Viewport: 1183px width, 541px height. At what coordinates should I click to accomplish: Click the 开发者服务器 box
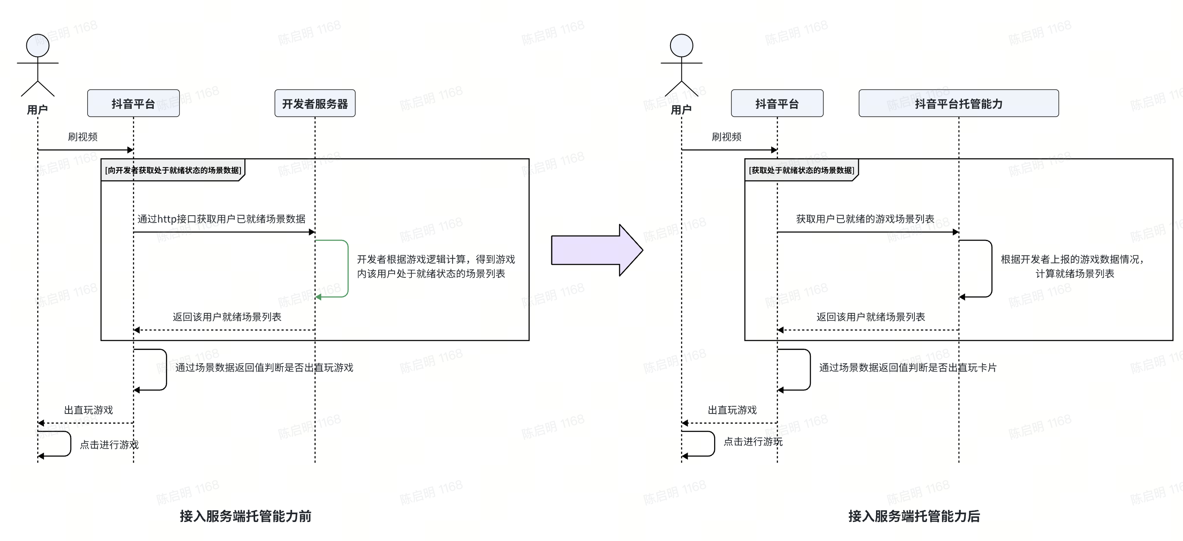[315, 103]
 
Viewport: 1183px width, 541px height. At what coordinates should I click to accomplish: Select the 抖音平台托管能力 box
[958, 103]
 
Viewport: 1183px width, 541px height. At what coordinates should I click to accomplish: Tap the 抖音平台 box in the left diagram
[133, 103]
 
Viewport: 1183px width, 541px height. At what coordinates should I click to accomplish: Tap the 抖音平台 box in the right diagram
[777, 103]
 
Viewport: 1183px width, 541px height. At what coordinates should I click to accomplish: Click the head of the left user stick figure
[38, 45]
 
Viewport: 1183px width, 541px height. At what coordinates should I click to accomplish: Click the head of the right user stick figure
[681, 45]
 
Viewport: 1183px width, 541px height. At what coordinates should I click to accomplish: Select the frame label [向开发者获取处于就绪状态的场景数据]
[173, 171]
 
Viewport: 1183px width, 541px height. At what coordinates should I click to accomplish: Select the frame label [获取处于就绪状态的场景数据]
[801, 171]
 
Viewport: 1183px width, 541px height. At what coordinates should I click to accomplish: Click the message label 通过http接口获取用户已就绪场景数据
[221, 219]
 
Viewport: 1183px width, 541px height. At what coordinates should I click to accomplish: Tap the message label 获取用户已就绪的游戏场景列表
[865, 219]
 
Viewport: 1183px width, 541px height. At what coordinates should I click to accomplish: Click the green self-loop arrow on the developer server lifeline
[347, 268]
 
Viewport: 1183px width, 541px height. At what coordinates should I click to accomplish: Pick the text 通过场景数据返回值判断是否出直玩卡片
[908, 368]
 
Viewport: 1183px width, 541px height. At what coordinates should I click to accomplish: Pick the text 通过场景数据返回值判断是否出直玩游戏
[264, 368]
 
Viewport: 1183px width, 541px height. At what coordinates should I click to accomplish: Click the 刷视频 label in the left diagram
[82, 137]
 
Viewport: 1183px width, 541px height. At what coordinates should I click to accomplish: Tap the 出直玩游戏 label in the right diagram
[732, 410]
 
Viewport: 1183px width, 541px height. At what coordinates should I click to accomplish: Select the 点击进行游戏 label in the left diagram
[109, 445]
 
